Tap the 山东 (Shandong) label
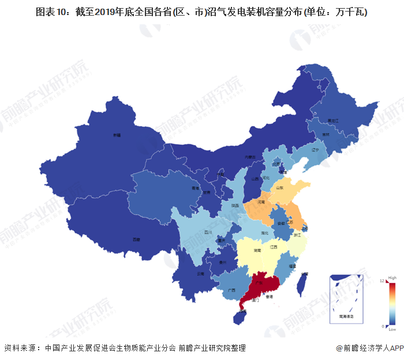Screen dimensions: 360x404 pos(279,188)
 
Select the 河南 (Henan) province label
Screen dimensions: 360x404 pos(261,203)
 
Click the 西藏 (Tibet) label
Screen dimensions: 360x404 pos(136,239)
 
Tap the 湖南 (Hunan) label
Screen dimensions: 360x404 pos(256,251)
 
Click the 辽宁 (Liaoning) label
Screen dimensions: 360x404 pos(315,150)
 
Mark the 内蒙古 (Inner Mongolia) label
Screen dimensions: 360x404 pos(249,157)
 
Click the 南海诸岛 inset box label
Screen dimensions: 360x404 pos(346,317)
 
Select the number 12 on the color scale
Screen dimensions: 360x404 pos(382,281)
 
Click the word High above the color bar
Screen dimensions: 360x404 pos(392,277)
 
